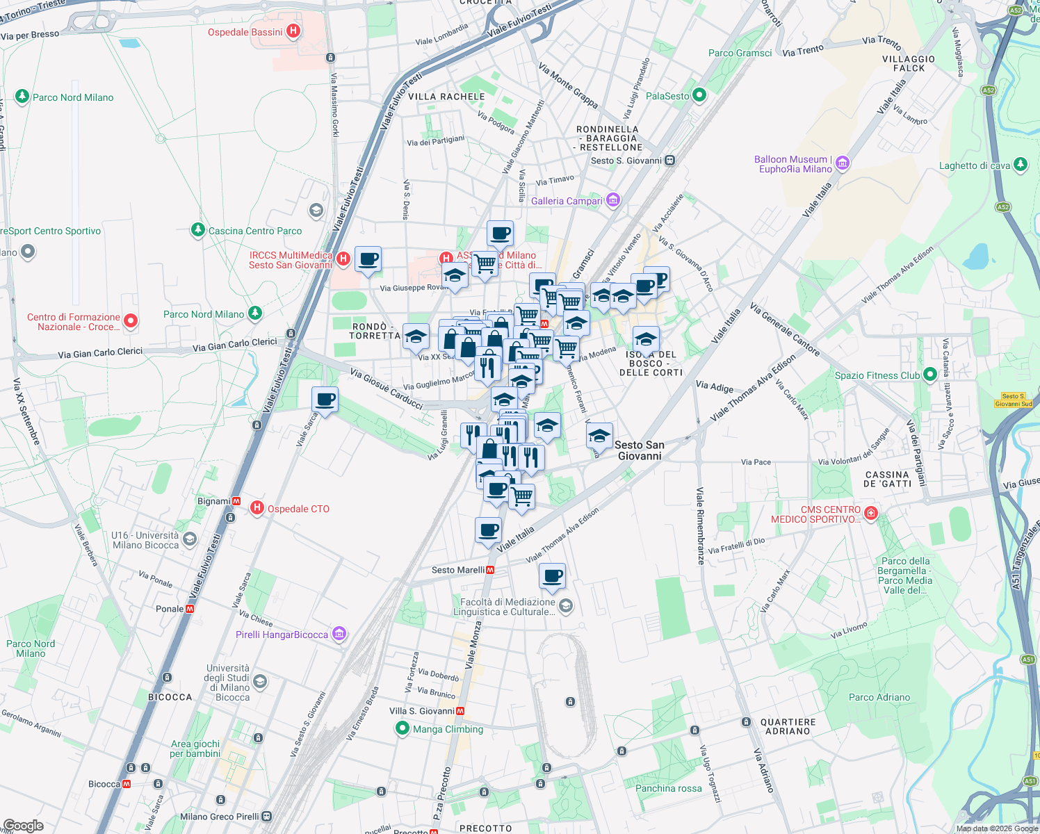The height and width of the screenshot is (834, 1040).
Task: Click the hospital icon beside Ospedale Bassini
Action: [x=293, y=31]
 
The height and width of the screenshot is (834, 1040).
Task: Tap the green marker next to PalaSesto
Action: [x=699, y=95]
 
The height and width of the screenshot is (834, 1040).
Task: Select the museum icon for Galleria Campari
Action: [x=612, y=200]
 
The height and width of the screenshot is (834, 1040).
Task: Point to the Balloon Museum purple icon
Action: [x=843, y=163]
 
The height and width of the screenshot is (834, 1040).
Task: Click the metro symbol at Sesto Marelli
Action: [x=491, y=570]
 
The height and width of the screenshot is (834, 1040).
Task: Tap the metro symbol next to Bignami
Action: [x=236, y=500]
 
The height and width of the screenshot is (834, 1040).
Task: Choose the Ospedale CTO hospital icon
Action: [x=257, y=508]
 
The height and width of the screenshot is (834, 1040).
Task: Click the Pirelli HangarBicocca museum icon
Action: [x=339, y=634]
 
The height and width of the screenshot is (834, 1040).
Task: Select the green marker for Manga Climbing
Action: [x=402, y=728]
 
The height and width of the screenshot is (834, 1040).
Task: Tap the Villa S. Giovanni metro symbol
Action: [x=460, y=711]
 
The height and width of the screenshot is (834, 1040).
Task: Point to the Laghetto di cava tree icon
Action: [x=1020, y=165]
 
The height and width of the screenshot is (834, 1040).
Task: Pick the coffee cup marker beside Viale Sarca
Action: [x=325, y=400]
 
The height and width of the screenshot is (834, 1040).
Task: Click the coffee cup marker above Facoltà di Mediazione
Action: [x=552, y=576]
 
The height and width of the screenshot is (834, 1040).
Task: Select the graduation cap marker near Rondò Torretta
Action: [x=416, y=337]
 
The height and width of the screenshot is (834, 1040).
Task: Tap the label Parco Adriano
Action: [x=879, y=697]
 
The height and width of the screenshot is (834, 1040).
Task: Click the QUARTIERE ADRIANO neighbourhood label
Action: [x=788, y=726]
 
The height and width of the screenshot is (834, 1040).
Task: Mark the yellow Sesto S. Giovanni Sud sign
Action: [x=1013, y=400]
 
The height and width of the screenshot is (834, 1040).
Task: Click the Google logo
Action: [x=24, y=825]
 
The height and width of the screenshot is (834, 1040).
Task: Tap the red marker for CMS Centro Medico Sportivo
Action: [x=871, y=513]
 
